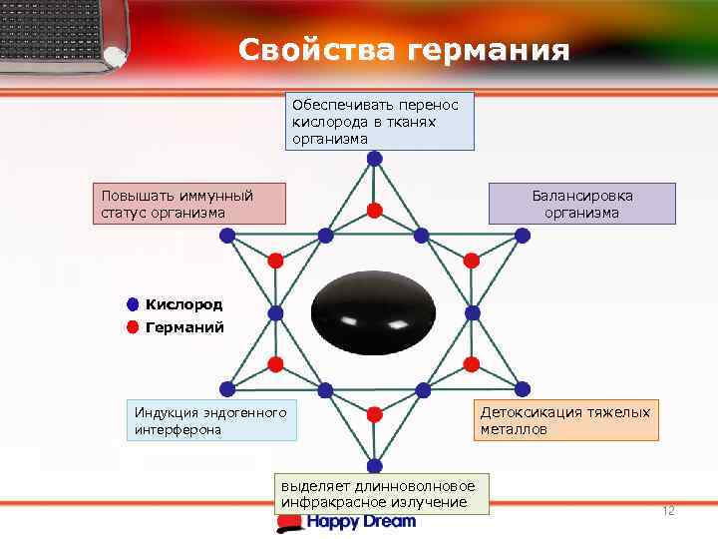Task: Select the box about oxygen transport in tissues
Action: [x=379, y=122]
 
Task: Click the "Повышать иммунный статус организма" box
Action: [x=188, y=204]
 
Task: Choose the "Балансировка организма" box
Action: [x=581, y=204]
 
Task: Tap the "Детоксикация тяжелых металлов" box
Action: [x=565, y=420]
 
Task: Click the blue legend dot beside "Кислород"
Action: [x=133, y=304]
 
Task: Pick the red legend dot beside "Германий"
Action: [x=133, y=326]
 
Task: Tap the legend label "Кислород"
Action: [x=183, y=304]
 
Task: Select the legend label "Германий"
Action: [x=184, y=326]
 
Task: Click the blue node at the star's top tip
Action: [x=374, y=159]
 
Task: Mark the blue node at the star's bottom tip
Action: [x=374, y=464]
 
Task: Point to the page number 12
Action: [x=668, y=511]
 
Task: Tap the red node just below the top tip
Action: [x=374, y=210]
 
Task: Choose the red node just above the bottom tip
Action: [x=374, y=413]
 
